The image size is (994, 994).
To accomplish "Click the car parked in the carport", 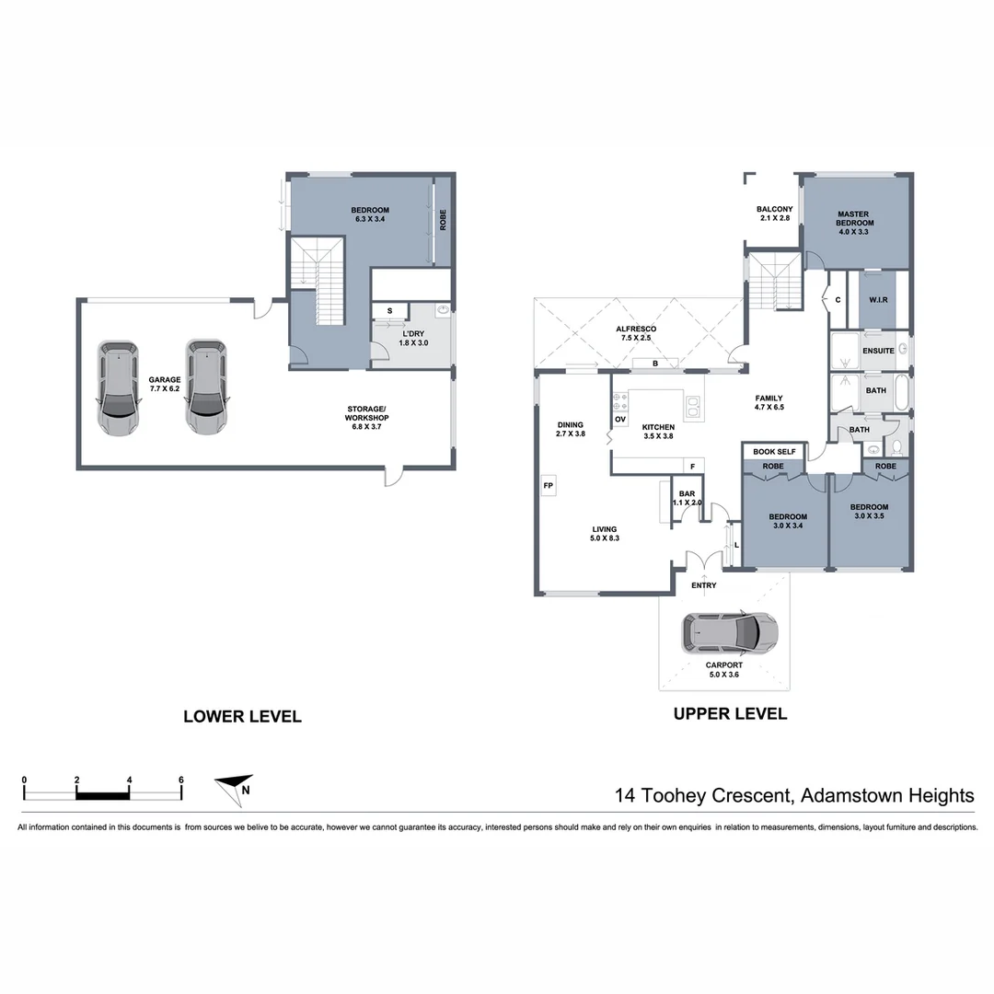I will pyautogui.click(x=729, y=632).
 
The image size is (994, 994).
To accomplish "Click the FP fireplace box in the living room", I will pyautogui.click(x=548, y=485).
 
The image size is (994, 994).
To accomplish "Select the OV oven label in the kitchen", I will pyautogui.click(x=620, y=420).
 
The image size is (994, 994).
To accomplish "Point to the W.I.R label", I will pyautogui.click(x=878, y=300).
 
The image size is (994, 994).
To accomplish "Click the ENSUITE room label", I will pyautogui.click(x=878, y=351).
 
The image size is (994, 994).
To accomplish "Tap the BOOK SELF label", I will pyautogui.click(x=774, y=452).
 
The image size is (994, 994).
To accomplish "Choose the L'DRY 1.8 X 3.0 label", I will pyautogui.click(x=413, y=337).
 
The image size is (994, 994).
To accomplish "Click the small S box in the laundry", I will pyautogui.click(x=390, y=311).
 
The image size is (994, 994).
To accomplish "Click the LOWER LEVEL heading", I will pyautogui.click(x=242, y=717).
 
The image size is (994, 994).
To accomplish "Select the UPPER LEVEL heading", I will pyautogui.click(x=730, y=713).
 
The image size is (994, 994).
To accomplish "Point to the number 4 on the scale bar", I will pyautogui.click(x=129, y=780).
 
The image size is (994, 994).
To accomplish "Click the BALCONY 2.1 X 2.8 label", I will pyautogui.click(x=774, y=214).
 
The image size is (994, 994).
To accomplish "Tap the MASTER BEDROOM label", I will pyautogui.click(x=854, y=223).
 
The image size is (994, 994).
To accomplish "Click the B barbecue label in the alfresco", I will pyautogui.click(x=654, y=364).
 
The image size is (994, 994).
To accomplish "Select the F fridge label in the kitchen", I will pyautogui.click(x=692, y=466).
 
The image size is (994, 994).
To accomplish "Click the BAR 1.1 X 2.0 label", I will pyautogui.click(x=687, y=499).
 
